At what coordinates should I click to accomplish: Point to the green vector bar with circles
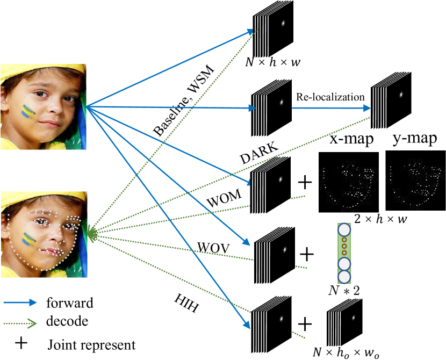(343, 253)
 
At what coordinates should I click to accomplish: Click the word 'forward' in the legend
(70, 303)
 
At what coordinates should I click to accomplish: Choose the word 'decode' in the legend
(67, 322)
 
